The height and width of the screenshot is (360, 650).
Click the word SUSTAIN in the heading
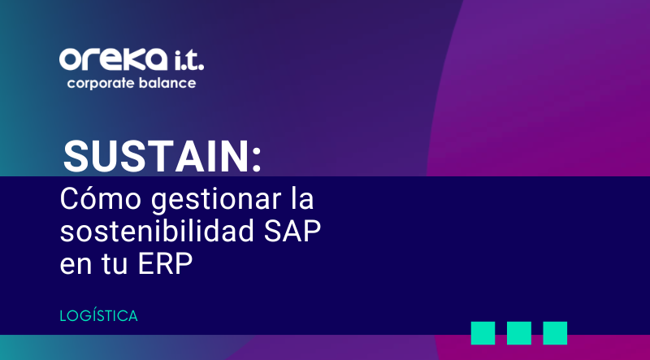tap(156, 154)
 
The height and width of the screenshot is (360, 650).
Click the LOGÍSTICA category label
tap(98, 315)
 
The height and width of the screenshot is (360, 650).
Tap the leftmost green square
tap(483, 333)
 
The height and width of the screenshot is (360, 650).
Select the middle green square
tap(519, 333)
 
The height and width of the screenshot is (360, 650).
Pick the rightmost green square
tap(555, 333)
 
